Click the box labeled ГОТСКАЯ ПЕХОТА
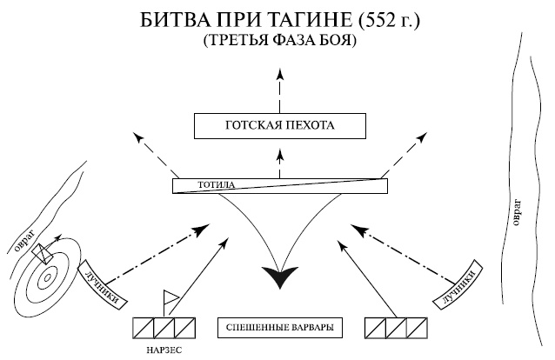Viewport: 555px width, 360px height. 277,127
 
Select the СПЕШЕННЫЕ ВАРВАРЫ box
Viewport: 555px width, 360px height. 277,328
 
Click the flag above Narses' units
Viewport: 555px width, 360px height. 171,298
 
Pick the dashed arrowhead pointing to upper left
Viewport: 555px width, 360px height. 137,134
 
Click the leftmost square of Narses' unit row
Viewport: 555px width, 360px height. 143,328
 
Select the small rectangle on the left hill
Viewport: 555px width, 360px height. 40,255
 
